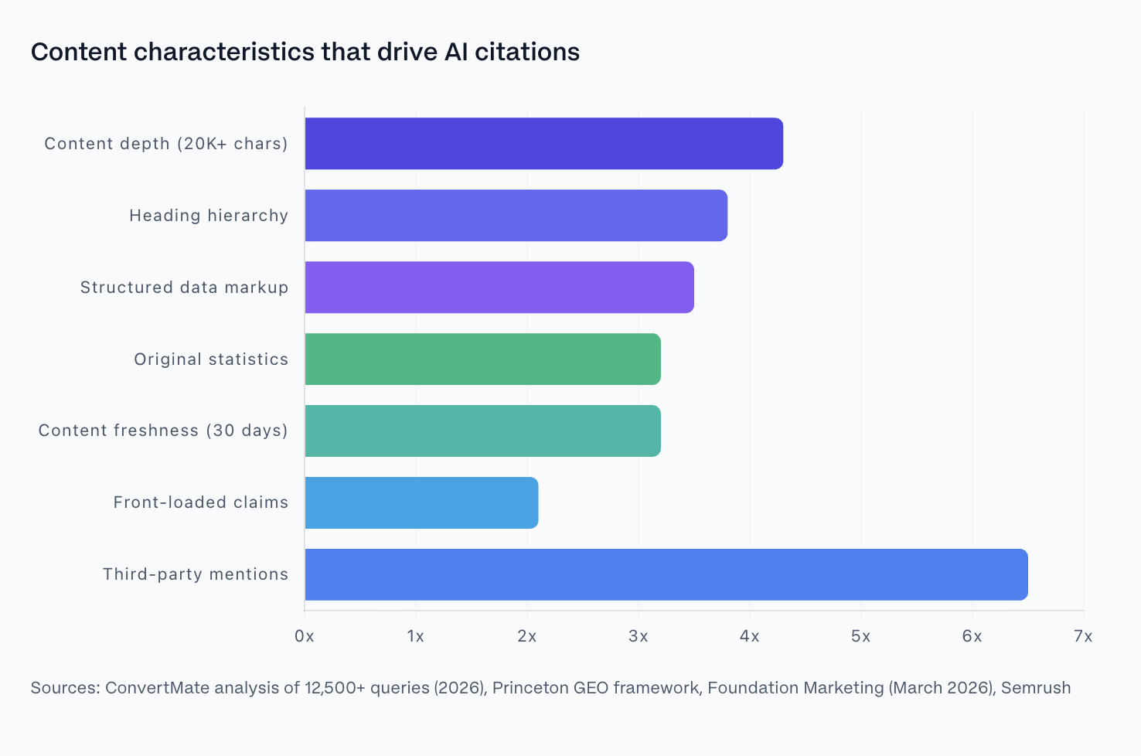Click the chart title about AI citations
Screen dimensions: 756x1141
[x=305, y=52]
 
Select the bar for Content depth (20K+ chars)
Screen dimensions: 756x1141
[x=543, y=144]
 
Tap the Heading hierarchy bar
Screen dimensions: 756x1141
[x=516, y=216]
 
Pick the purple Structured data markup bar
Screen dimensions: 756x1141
[x=499, y=288]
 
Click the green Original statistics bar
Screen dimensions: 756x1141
[x=482, y=359]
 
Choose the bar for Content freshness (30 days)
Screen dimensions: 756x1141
[x=482, y=431]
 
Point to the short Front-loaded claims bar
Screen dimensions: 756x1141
[x=421, y=502]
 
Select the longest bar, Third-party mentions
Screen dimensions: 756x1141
[x=666, y=574]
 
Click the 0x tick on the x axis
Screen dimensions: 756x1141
[x=305, y=636]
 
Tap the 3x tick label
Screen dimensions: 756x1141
[x=638, y=636]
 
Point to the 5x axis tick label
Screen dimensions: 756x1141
[x=860, y=636]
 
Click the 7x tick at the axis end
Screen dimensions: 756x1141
[x=1083, y=636]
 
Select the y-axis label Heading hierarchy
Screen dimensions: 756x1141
[x=209, y=216]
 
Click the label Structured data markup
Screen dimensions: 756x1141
[x=184, y=288]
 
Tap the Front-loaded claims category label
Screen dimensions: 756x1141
[x=200, y=502]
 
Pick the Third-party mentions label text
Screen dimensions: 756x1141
[x=196, y=574]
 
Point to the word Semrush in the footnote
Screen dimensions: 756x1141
[x=1036, y=688]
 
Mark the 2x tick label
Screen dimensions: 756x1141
[x=526, y=636]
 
